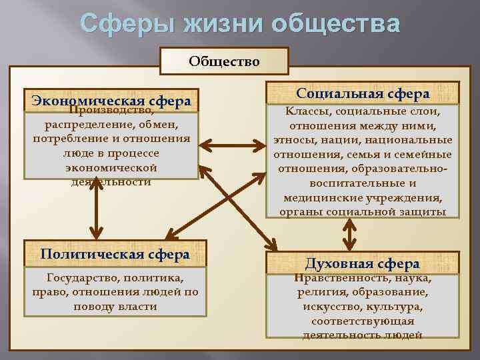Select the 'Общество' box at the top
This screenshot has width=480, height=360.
tap(224, 61)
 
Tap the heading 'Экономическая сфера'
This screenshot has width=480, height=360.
tap(111, 101)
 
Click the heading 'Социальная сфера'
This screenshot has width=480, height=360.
tap(363, 93)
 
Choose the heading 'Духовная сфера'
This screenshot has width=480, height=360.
tap(362, 263)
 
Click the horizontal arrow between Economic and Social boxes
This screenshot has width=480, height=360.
tap(233, 145)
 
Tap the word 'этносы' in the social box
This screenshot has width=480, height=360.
tap(293, 140)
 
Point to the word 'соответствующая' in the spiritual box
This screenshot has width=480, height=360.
tap(363, 321)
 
